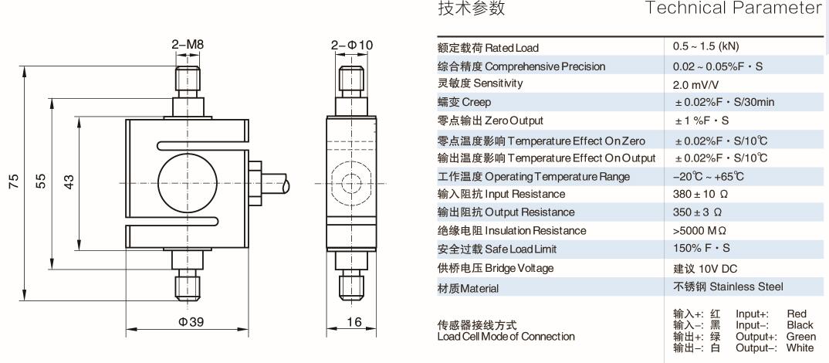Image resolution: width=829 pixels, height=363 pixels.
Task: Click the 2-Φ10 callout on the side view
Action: click(x=351, y=45)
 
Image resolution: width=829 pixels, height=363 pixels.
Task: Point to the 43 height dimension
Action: click(x=69, y=181)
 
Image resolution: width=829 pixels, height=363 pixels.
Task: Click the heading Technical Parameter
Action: click(x=734, y=9)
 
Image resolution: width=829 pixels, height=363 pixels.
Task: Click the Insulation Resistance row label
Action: click(x=512, y=231)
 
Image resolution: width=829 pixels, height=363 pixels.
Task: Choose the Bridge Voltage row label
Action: click(x=496, y=268)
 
